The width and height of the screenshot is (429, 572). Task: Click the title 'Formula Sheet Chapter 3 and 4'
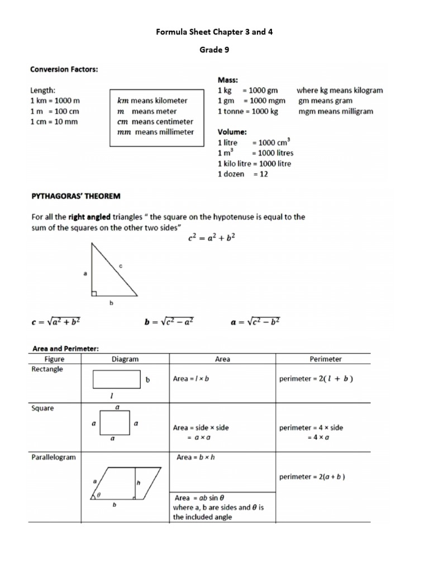pyautogui.click(x=214, y=32)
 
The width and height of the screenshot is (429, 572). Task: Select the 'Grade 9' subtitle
pyautogui.click(x=214, y=50)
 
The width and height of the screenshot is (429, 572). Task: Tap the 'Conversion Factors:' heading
pyautogui.click(x=64, y=69)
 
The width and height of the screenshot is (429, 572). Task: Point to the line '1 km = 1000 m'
pyautogui.click(x=55, y=101)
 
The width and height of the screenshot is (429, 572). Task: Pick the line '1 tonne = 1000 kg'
pyautogui.click(x=248, y=111)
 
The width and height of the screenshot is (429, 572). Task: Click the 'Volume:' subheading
pyautogui.click(x=232, y=132)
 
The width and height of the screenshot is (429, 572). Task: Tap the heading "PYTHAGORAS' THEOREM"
pyautogui.click(x=75, y=196)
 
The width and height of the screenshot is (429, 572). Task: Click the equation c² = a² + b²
pyautogui.click(x=212, y=237)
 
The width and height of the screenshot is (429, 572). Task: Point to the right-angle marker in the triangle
pyautogui.click(x=94, y=293)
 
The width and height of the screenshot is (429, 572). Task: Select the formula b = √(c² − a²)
pyautogui.click(x=169, y=322)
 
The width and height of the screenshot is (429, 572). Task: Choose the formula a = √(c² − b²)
pyautogui.click(x=255, y=322)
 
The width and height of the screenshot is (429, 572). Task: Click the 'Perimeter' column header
pyautogui.click(x=325, y=359)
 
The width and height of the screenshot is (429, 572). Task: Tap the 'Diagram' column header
pyautogui.click(x=125, y=359)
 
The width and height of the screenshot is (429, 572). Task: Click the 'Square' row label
pyautogui.click(x=42, y=408)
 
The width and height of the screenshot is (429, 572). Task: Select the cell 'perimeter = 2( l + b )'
pyautogui.click(x=316, y=379)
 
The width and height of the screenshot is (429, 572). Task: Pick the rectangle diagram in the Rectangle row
pyautogui.click(x=117, y=379)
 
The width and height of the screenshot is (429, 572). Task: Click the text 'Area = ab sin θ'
pyautogui.click(x=199, y=498)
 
